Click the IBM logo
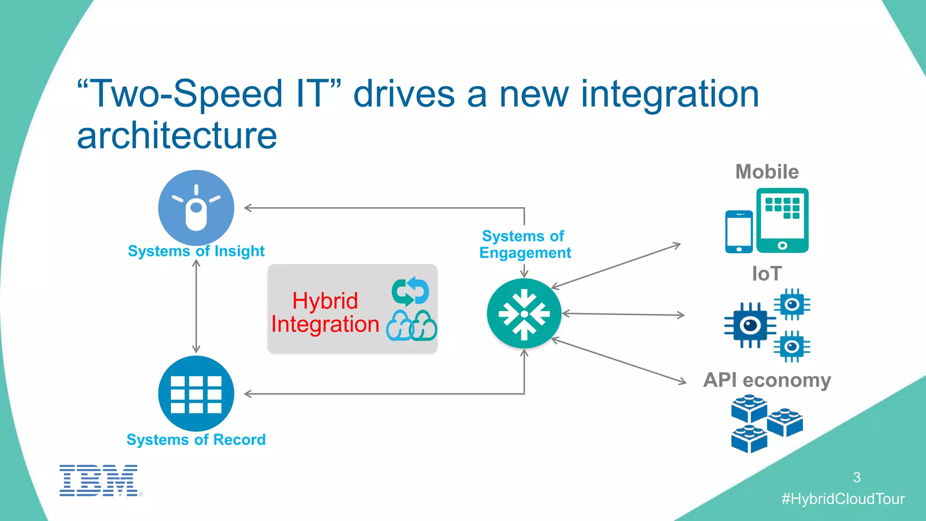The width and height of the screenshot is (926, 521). [99, 480]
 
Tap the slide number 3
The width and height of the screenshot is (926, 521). [856, 477]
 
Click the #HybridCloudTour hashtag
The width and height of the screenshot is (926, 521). [843, 499]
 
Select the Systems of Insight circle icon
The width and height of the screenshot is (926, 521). [196, 208]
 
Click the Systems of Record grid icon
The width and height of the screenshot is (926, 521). [196, 393]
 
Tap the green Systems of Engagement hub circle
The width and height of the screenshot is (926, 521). [524, 313]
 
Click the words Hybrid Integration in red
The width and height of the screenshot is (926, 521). [325, 313]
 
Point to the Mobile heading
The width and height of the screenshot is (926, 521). [767, 172]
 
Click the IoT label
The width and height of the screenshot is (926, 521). [766, 274]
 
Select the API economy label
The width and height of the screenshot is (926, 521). [767, 380]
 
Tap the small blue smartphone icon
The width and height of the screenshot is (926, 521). [739, 232]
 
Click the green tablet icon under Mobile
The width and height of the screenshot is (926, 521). [782, 220]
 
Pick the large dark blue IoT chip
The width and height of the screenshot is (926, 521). [750, 325]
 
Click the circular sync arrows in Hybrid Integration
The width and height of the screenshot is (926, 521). [411, 292]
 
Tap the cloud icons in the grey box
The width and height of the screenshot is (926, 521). [411, 326]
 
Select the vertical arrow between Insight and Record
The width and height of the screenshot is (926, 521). [196, 307]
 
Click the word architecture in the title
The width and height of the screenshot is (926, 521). [177, 135]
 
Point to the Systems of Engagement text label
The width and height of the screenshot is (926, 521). [524, 244]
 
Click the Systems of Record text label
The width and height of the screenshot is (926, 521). [196, 440]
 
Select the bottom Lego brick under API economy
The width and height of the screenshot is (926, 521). [749, 439]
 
